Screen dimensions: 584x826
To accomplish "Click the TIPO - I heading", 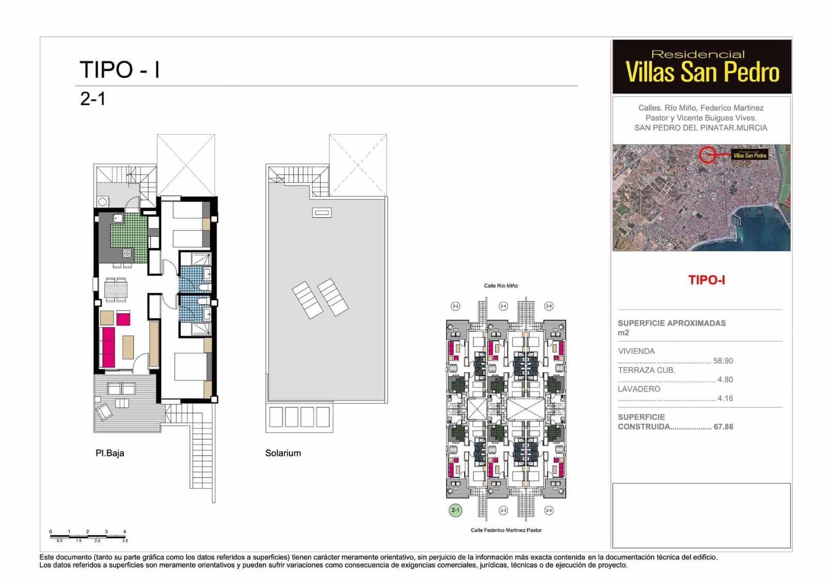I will point(120,70).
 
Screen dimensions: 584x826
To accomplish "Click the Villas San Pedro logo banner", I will point(702,67).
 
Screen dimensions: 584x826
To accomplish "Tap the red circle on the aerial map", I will point(707,154).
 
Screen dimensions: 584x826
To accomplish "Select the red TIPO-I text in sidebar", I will point(706,280).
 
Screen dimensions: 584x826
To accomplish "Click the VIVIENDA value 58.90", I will point(723,361).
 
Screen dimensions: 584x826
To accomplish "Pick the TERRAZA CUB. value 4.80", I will point(725,379).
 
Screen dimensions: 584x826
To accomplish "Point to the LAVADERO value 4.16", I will point(725,398).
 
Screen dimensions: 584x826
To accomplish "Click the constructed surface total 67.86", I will point(723,427).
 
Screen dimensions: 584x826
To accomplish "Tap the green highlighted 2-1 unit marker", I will point(455,510).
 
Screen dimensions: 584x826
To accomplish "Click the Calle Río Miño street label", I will point(500,286).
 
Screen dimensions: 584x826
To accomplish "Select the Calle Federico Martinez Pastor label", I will point(506,530).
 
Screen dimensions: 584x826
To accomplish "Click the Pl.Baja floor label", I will point(109,453).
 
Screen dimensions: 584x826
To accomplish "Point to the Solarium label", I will point(283,453).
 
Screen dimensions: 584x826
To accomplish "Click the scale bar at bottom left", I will point(88,536).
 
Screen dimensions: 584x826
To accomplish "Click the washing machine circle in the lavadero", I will point(103,202).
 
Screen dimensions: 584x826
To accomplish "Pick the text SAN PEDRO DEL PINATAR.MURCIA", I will point(701,128).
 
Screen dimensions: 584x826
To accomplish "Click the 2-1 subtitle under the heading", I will point(93,99).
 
